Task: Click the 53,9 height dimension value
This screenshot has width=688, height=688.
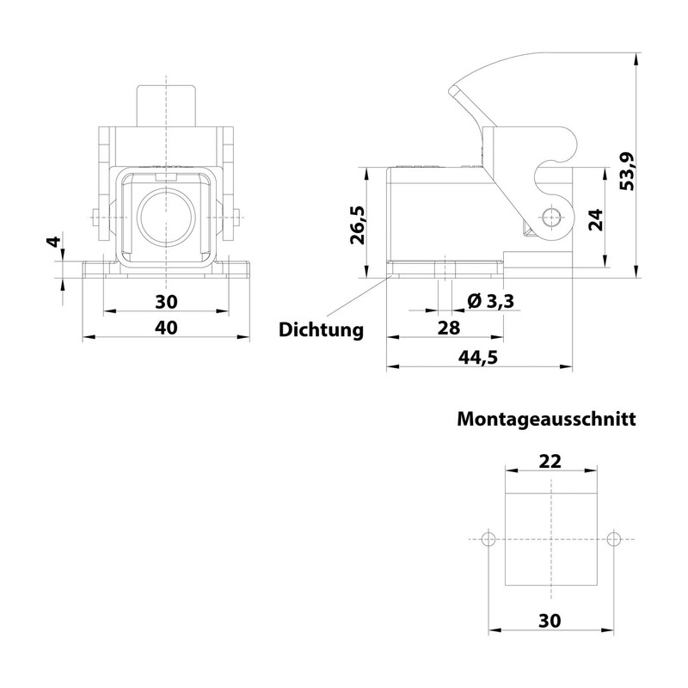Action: [x=629, y=169]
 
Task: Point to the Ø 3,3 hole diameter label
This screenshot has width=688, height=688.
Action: [x=490, y=301]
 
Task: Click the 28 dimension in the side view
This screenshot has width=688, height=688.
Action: [x=449, y=328]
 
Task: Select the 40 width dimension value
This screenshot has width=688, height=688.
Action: [x=166, y=328]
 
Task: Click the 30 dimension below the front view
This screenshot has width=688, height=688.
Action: [x=166, y=301]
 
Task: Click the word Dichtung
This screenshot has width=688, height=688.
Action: [x=321, y=329]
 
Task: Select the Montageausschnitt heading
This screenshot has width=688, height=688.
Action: [x=546, y=420]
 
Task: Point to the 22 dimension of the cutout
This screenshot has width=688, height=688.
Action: [x=550, y=460]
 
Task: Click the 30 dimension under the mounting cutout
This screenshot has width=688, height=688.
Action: [x=550, y=618]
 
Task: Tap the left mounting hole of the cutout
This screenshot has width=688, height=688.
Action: [x=488, y=539]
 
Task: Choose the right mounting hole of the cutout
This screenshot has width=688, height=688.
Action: [x=612, y=539]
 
